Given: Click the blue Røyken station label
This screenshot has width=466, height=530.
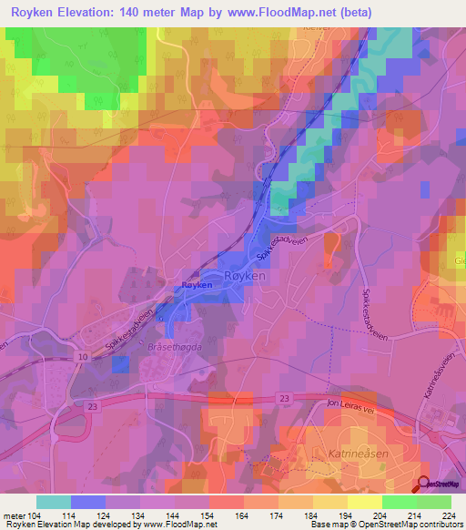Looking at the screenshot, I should point(197,285).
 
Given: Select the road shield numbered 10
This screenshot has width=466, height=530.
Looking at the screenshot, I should point(83,356).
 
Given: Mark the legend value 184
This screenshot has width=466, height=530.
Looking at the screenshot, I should point(313,515).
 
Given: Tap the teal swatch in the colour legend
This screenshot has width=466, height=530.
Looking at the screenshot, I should point(54,502).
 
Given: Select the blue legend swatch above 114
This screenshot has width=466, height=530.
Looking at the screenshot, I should point(88,502).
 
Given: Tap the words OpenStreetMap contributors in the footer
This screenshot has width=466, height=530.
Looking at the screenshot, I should point(409,525).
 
